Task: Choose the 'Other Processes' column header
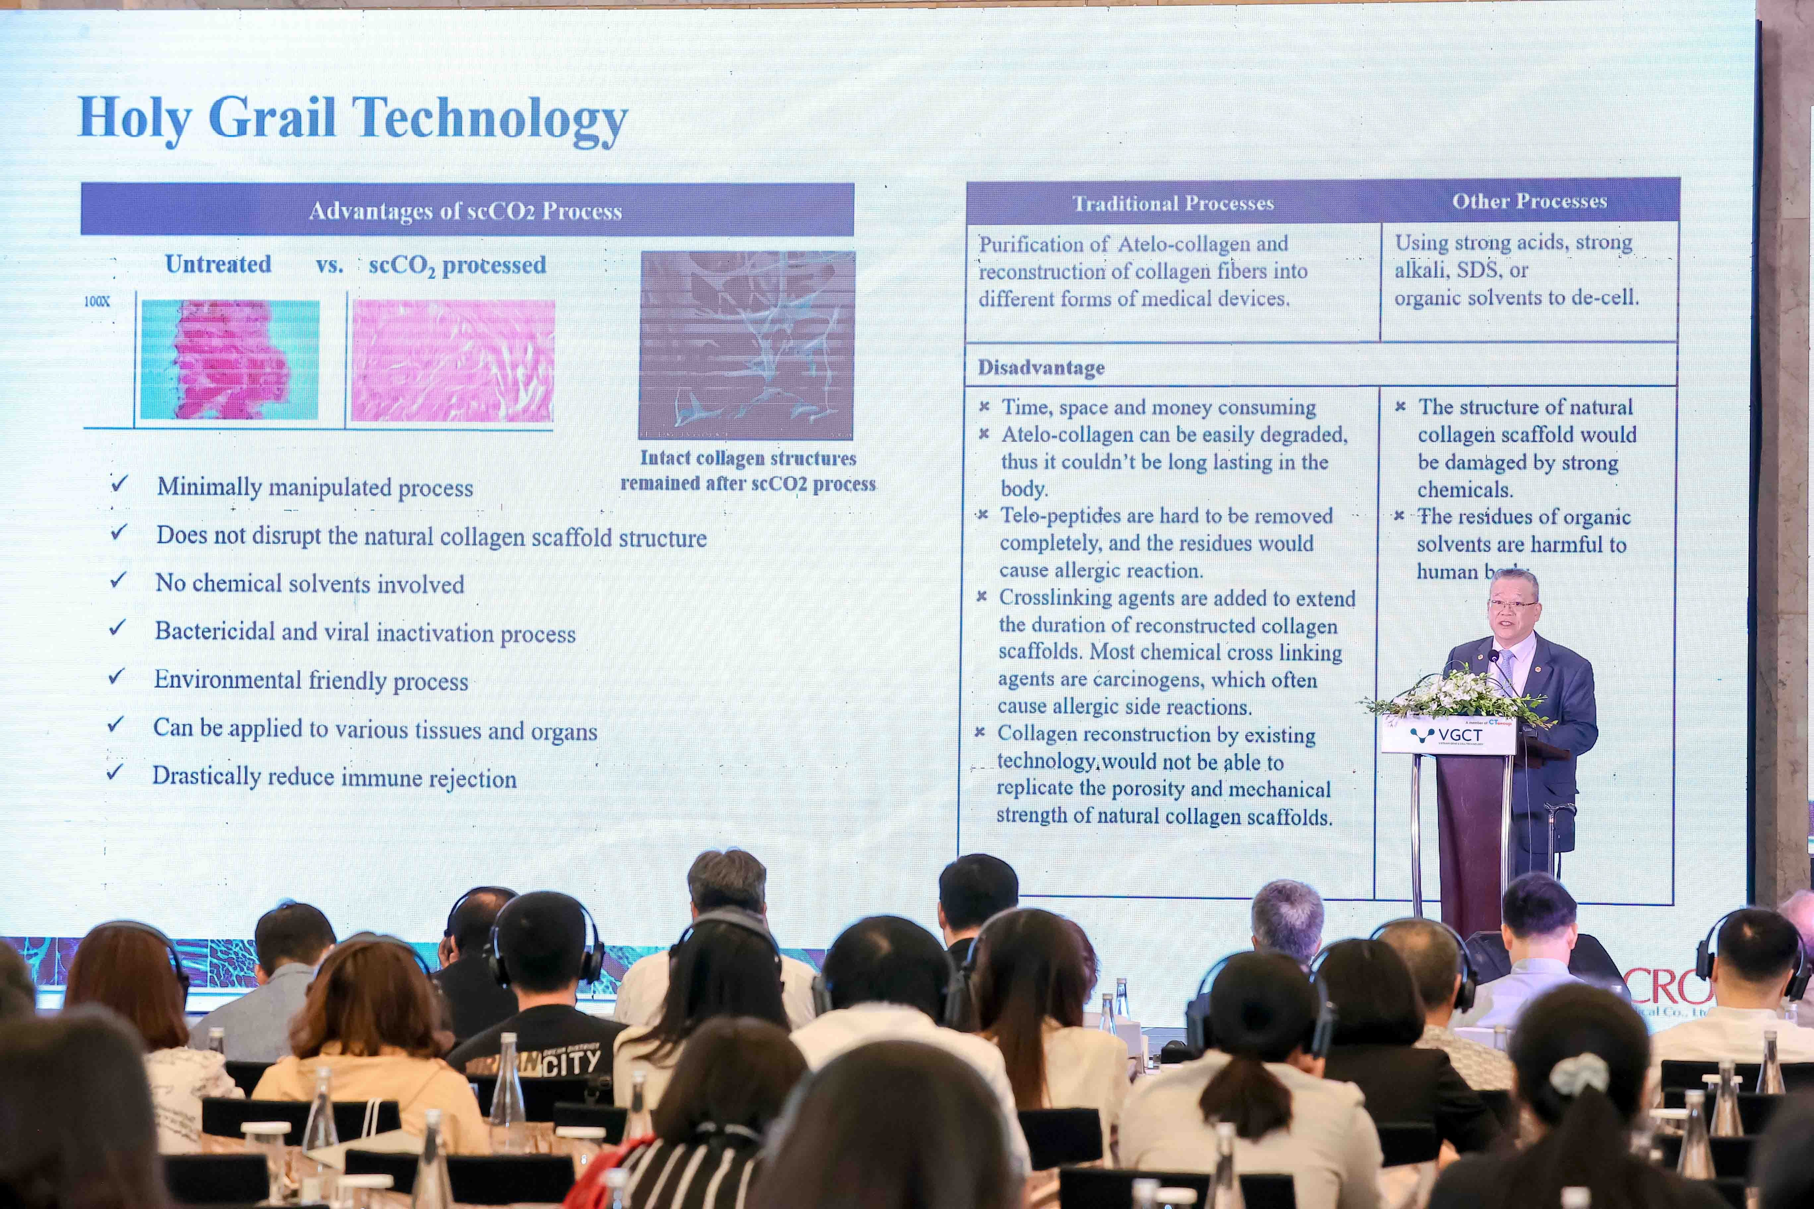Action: click(1530, 201)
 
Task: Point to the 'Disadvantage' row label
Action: click(1041, 368)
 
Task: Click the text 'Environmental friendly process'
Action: click(311, 680)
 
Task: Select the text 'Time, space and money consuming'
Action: click(1158, 407)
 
